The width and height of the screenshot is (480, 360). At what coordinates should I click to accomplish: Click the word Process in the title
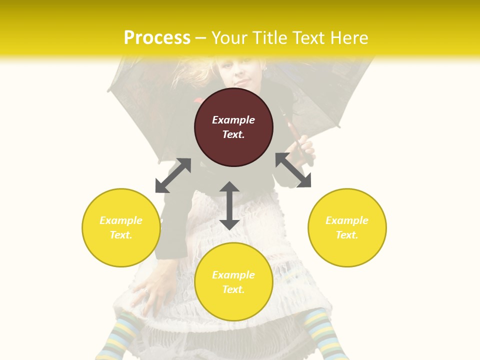coord(157,38)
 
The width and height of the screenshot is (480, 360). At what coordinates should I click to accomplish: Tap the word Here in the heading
coord(348,38)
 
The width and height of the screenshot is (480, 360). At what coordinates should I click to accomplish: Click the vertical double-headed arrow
coord(229,205)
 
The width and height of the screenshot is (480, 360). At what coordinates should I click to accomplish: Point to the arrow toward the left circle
coord(173,175)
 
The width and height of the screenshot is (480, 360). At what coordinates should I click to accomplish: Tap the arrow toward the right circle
coord(293,170)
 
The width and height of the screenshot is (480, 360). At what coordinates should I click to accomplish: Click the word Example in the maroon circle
coord(233,120)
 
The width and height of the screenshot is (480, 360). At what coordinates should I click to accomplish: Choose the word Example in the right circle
coord(347,220)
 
